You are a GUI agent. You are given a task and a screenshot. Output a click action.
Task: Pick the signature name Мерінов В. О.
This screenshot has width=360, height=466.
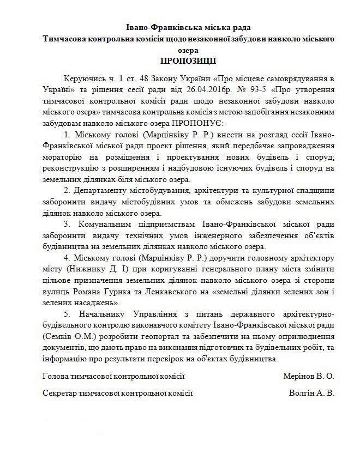(x=308, y=376)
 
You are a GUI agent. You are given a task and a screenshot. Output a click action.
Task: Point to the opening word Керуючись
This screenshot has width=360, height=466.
(x=82, y=80)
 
